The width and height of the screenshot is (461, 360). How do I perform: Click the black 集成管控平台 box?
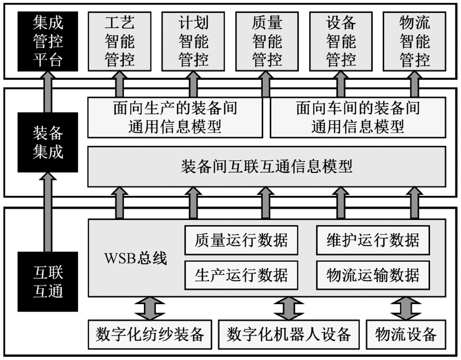tap(48, 41)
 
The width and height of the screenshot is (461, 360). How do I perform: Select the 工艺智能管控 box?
tap(119, 41)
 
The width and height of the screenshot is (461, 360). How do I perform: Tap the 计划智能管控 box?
tap(193, 41)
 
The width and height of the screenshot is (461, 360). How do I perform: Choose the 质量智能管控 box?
tap(267, 41)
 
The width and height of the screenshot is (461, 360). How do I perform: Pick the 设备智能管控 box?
tap(341, 41)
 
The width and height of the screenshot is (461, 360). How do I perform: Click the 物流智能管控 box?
tap(414, 41)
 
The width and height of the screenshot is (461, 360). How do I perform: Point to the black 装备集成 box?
tap(48, 143)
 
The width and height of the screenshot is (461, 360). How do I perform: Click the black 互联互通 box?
tap(48, 281)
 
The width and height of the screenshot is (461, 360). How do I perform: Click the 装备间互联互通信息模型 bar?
tap(266, 166)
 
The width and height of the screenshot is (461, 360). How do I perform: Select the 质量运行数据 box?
tap(241, 240)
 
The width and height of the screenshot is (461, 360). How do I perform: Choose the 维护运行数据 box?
tap(373, 240)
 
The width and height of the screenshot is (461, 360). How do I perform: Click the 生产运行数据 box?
tap(241, 275)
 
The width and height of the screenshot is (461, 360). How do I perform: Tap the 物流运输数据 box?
tap(373, 275)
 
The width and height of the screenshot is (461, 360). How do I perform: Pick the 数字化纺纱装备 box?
tap(150, 334)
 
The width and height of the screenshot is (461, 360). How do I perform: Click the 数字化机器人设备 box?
tap(289, 334)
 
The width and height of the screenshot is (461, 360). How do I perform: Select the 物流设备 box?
tap(406, 334)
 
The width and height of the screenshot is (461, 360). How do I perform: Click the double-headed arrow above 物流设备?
tap(406, 308)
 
